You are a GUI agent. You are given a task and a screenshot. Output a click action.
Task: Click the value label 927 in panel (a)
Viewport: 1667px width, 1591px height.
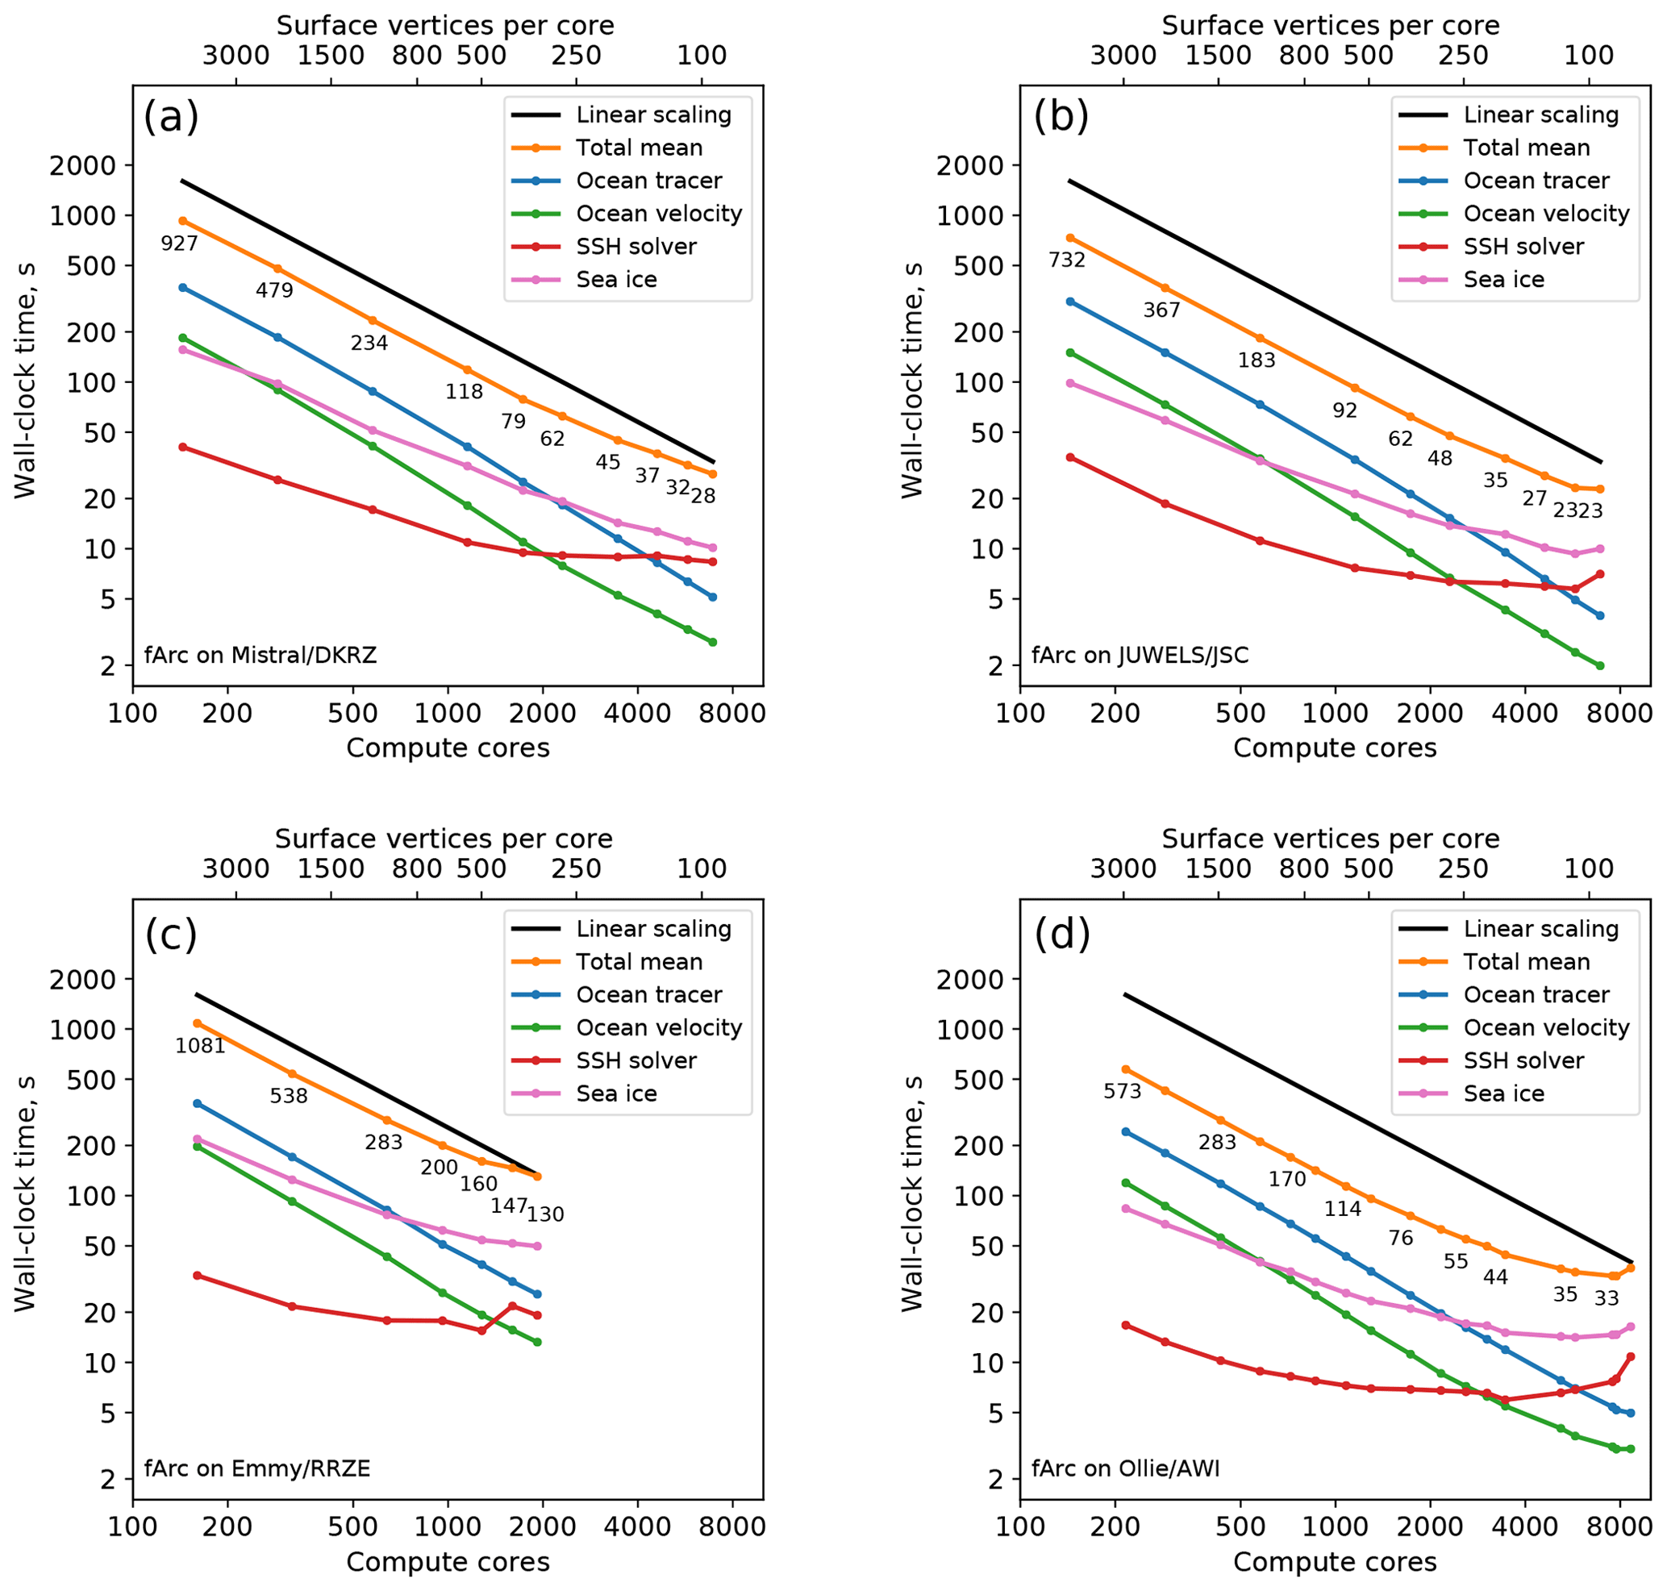(179, 244)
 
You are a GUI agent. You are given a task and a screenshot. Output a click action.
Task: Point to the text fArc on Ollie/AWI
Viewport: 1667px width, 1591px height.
(1125, 1468)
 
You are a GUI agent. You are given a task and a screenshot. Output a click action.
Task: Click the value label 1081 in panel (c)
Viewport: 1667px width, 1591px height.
(200, 1046)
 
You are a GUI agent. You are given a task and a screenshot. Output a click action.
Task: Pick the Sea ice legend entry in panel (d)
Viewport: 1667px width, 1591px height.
(1503, 1093)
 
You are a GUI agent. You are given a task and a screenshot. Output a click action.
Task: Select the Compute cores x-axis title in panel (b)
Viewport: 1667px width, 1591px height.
(1335, 748)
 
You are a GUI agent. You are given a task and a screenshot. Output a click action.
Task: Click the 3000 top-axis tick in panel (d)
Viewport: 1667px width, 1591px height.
(1123, 868)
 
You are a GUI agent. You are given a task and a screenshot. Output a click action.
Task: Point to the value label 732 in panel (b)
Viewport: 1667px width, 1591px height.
(1066, 260)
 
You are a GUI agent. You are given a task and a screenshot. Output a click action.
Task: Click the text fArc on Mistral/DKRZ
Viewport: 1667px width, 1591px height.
(260, 655)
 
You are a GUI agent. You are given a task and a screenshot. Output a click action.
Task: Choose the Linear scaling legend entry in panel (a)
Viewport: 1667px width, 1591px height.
(653, 115)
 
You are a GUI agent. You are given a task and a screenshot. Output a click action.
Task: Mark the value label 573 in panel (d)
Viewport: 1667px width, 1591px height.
(1122, 1092)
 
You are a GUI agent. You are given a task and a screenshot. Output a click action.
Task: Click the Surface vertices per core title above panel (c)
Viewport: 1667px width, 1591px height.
(443, 839)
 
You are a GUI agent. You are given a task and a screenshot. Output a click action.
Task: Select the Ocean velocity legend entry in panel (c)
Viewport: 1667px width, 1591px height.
(658, 1027)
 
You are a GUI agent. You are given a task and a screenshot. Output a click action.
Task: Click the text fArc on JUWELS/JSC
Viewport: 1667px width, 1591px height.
(1140, 655)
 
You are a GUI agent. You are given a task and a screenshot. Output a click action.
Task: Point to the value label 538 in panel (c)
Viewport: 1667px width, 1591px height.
(289, 1096)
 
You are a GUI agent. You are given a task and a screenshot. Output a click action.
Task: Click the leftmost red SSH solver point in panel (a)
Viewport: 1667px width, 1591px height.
(182, 447)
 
